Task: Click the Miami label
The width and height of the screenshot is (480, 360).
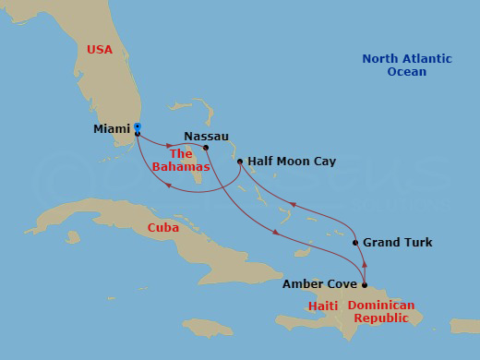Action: coord(112,129)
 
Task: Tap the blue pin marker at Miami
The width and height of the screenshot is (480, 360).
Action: coord(137,126)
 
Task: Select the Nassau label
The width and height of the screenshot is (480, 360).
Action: coord(206,136)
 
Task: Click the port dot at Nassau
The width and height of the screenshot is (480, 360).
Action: coord(205,148)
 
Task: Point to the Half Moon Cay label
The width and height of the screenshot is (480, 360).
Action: coord(292,161)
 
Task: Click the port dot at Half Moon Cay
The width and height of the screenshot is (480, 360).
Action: coord(240,162)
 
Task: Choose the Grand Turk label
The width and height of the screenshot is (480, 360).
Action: coord(397,243)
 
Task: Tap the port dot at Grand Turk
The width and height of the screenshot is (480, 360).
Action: coord(355,243)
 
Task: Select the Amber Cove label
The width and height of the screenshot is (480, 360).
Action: coord(319,285)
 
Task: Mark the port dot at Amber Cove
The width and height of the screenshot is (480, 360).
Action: coord(365,285)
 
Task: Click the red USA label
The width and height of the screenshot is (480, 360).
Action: coord(100,49)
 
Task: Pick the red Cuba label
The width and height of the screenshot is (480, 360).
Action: coord(162,228)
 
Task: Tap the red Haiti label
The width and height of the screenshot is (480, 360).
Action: coord(323,306)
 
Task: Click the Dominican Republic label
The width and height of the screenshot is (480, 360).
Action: coord(380,311)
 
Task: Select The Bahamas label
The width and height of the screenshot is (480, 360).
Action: coord(188,161)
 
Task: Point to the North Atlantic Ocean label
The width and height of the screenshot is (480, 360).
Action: coord(407,65)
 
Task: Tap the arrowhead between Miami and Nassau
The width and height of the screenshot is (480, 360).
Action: coord(169,144)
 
